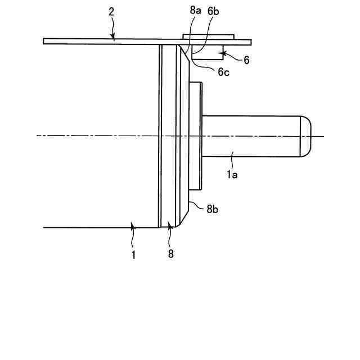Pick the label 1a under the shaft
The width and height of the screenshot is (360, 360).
click(232, 175)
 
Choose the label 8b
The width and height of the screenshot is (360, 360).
click(212, 209)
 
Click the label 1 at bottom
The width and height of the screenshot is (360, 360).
click(133, 254)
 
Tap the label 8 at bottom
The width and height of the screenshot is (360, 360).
click(171, 254)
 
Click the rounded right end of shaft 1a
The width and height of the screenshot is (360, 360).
click(306, 136)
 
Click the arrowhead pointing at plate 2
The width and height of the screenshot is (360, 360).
click(114, 38)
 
